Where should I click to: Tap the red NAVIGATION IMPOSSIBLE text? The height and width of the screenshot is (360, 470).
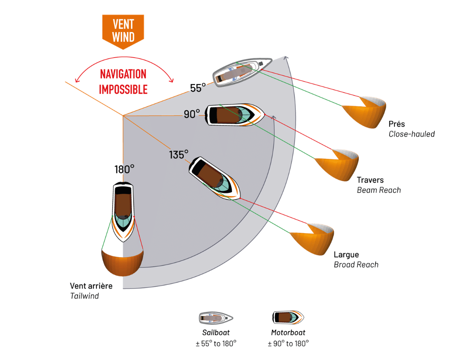(x=123, y=82)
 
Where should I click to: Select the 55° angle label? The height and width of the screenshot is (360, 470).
(x=198, y=88)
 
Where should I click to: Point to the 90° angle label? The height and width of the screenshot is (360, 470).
(x=192, y=114)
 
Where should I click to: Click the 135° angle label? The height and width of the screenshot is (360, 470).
(x=179, y=155)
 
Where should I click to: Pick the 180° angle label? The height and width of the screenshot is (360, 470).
(x=124, y=170)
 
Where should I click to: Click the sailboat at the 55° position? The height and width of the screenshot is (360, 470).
(x=242, y=72)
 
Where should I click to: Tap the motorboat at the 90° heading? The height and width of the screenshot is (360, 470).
(x=235, y=115)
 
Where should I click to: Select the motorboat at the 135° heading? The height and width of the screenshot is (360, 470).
(x=214, y=178)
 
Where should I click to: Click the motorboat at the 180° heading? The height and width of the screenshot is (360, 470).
(x=123, y=212)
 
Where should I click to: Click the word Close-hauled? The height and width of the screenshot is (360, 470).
(x=412, y=134)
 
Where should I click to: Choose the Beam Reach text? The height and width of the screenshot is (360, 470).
(x=379, y=190)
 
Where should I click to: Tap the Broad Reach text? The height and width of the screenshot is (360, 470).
(x=356, y=265)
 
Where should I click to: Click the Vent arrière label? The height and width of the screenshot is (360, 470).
(x=91, y=286)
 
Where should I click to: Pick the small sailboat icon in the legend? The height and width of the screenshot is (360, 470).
(x=216, y=318)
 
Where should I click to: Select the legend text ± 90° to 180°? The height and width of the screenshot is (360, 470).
(x=289, y=344)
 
